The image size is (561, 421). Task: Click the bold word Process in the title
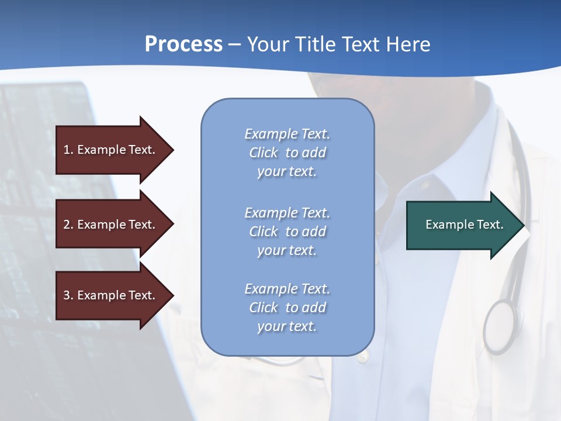(x=183, y=44)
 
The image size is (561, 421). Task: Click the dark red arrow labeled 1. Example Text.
(x=111, y=150)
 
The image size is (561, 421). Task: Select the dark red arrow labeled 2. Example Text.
(x=111, y=225)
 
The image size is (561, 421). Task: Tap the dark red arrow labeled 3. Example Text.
(x=111, y=295)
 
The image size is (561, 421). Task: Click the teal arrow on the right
(x=462, y=225)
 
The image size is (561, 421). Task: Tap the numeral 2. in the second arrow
(x=68, y=225)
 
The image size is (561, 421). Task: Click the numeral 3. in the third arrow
(x=68, y=295)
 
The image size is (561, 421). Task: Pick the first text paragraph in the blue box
(x=287, y=153)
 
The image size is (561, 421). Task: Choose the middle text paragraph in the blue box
(x=287, y=232)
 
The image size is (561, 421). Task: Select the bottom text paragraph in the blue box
(x=287, y=308)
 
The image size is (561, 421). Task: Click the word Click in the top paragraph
(x=264, y=153)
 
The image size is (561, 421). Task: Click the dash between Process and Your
(x=234, y=45)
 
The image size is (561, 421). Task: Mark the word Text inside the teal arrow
(x=490, y=225)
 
